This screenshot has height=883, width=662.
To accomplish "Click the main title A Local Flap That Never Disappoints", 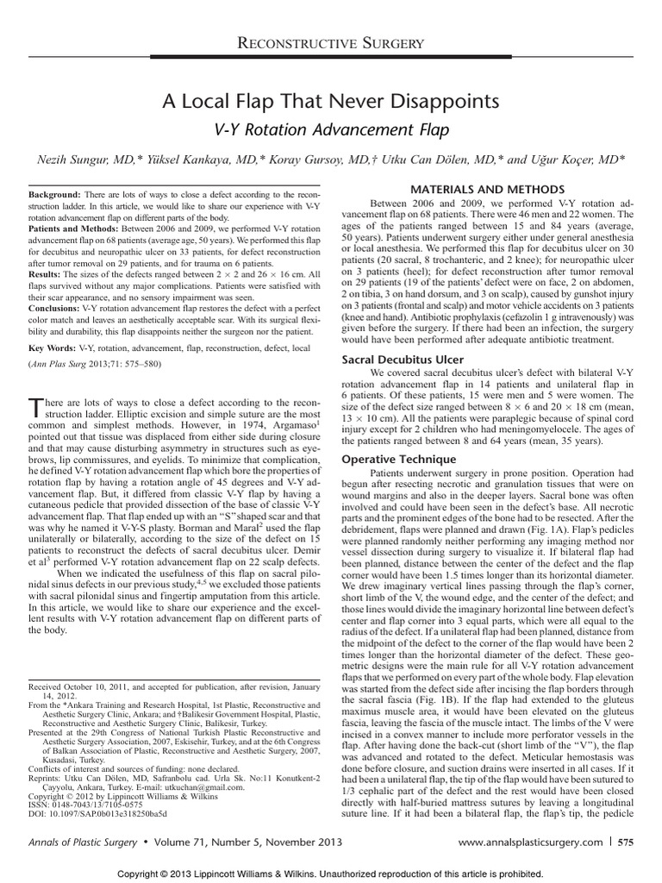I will point(331,103).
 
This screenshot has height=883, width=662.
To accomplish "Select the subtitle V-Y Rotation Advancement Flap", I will point(331,129).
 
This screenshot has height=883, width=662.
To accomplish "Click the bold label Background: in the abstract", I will point(55,197).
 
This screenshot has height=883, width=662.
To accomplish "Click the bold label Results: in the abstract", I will point(47,274).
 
